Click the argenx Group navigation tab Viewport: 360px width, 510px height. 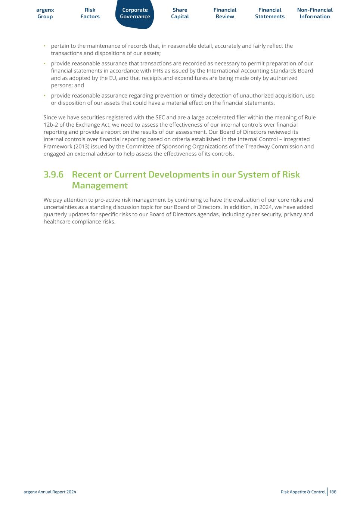tap(45, 13)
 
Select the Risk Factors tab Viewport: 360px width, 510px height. tap(90, 13)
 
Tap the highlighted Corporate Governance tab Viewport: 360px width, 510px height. tap(135, 13)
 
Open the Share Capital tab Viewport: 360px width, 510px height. tap(180, 13)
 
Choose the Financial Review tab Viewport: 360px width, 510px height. tap(225, 13)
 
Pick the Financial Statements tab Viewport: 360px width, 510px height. tap(270, 13)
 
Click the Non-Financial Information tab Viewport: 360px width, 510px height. tap(315, 13)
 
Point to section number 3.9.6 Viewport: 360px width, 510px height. tap(53, 174)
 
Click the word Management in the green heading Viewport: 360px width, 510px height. tap(100, 185)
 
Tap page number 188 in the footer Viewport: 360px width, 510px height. tap(333, 492)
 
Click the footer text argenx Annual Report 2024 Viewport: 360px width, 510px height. tap(50, 492)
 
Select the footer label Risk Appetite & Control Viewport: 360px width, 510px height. tap(303, 492)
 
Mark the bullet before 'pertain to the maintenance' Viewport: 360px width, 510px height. tap(44, 46)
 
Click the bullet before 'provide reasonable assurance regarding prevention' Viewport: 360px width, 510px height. tap(44, 96)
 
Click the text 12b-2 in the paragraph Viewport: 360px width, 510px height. tap(51, 125)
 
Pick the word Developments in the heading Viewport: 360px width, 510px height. tap(179, 174)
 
